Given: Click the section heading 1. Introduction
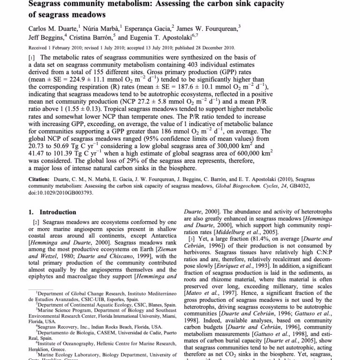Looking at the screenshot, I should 52,212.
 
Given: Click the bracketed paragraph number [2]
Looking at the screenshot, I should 33,222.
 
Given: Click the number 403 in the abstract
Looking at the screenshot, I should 211,65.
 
